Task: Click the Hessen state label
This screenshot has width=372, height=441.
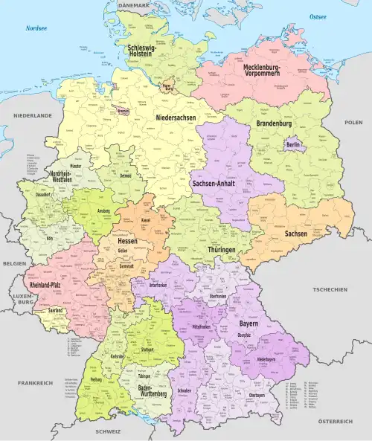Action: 127,241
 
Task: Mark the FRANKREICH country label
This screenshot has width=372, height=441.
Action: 35,382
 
